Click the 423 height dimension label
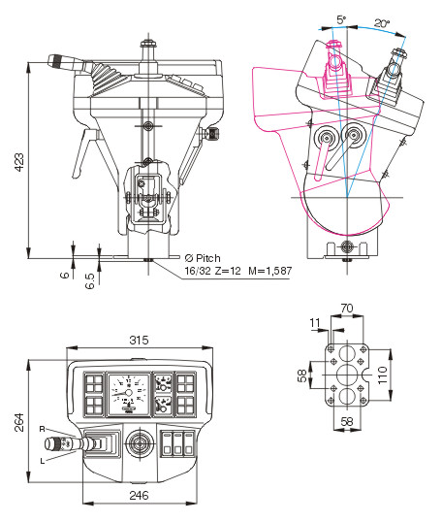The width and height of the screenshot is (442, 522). pos(19,162)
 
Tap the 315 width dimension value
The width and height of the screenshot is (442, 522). pos(139,340)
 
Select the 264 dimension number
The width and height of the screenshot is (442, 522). pos(19,422)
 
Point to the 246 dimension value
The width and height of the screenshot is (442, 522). pos(139,496)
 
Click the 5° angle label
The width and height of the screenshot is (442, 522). pos(341,19)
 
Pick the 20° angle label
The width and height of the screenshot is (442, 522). pos(382,23)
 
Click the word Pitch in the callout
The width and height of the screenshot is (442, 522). pos(207,258)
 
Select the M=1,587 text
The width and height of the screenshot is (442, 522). pos(270,271)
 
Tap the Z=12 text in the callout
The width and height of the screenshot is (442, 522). pos(228,271)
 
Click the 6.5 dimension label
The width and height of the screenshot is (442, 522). pos(90,280)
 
